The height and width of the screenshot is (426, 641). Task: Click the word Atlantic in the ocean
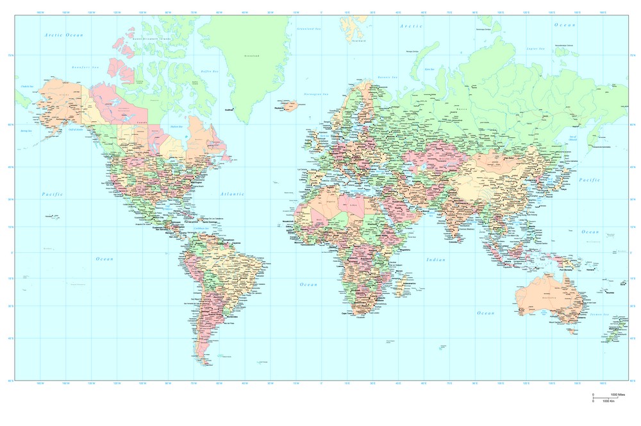click(x=232, y=193)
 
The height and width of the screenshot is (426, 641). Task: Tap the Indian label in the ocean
click(x=435, y=259)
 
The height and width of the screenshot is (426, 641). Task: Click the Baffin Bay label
click(x=210, y=71)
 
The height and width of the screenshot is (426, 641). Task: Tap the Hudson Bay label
click(x=176, y=126)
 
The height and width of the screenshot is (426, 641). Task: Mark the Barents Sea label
click(x=387, y=77)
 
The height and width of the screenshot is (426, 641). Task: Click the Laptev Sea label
click(x=535, y=49)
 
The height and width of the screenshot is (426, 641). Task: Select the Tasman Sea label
click(x=599, y=314)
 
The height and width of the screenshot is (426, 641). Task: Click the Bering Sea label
click(x=26, y=130)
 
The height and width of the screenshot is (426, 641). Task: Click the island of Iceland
click(x=290, y=105)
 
